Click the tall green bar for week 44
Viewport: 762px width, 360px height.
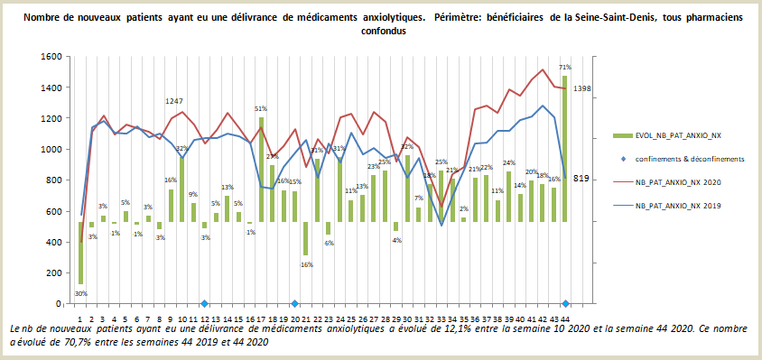(565, 149)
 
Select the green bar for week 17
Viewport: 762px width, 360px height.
(261, 169)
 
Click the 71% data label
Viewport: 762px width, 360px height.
(565, 67)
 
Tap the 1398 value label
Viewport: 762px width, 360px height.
(583, 88)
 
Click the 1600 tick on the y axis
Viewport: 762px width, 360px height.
(51, 57)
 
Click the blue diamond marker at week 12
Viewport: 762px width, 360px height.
(205, 304)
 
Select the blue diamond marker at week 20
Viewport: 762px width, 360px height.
(295, 304)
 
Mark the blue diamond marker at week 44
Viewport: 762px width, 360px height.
(565, 304)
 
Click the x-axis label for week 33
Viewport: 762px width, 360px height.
(441, 318)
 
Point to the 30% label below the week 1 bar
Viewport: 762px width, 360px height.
(80, 293)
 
